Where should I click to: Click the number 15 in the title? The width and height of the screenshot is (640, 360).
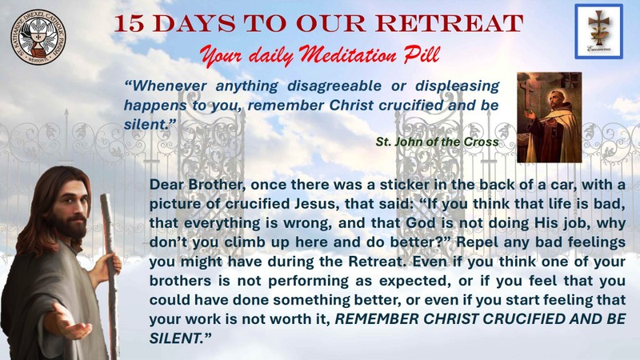click(x=129, y=24)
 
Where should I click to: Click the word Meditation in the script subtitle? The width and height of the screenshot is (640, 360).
click(x=347, y=54)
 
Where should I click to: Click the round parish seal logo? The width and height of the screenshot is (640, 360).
click(x=38, y=37)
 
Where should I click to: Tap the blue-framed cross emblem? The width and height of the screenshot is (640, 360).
click(x=598, y=31)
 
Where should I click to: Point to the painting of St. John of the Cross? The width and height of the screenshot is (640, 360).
click(x=550, y=118)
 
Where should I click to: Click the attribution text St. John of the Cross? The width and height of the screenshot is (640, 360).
click(x=437, y=142)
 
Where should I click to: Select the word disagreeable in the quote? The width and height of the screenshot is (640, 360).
click(x=334, y=86)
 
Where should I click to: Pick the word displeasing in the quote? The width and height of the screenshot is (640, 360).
click(x=457, y=86)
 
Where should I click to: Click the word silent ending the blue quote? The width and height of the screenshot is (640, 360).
click(x=146, y=125)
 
